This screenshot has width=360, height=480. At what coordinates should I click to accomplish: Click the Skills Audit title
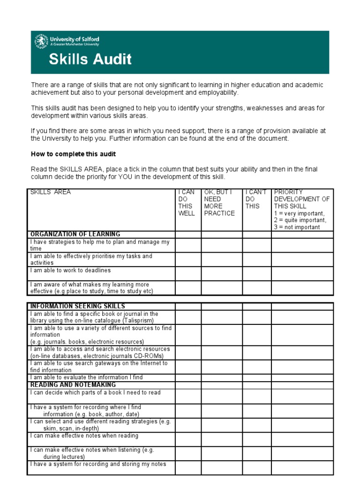[x=90, y=60]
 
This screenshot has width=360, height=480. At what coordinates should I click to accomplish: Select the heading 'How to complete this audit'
[x=73, y=154]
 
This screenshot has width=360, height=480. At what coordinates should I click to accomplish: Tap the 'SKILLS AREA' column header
[x=51, y=192]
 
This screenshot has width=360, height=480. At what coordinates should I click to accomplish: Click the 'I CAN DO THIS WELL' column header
[x=187, y=202]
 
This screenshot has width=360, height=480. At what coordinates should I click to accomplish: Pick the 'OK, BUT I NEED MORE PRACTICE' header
[x=219, y=202]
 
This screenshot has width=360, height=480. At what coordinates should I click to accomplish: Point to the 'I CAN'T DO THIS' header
[x=256, y=199]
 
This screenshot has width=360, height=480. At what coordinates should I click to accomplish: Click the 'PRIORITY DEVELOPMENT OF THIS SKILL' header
[x=302, y=199]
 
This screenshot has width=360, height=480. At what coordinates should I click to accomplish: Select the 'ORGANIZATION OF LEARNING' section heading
[x=75, y=234]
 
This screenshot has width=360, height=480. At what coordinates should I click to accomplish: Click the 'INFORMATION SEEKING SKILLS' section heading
[x=77, y=307]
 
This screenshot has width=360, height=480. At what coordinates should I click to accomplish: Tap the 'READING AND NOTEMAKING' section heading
[x=73, y=385]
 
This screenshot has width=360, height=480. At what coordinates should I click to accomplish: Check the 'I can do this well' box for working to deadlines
[x=188, y=274]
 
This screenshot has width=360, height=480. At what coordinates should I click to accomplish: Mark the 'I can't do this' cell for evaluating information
[x=256, y=377]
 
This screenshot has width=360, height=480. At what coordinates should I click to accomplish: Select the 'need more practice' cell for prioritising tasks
[x=221, y=260]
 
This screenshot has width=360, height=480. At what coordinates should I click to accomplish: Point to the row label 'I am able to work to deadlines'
[x=70, y=271]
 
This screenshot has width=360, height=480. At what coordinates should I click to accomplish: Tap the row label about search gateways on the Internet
[x=98, y=367]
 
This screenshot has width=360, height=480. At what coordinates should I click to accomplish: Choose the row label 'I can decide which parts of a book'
[x=95, y=393]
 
